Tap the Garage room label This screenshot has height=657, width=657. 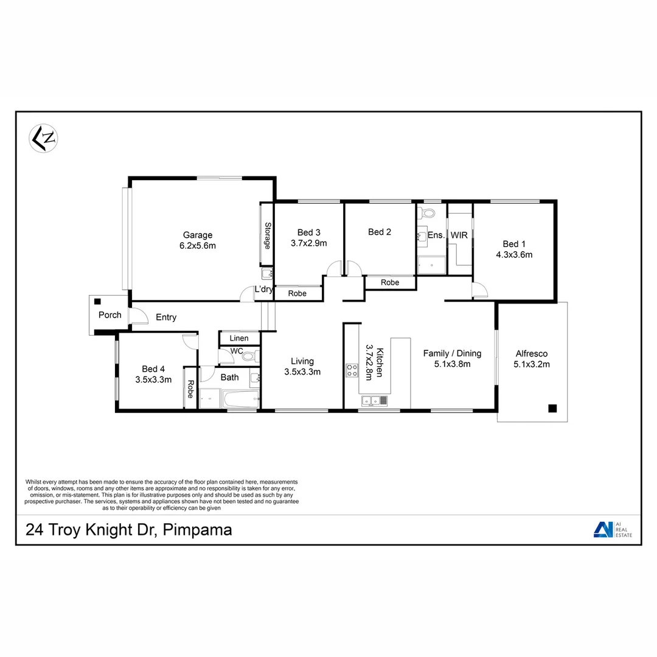tap(198, 235)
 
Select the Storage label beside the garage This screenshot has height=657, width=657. tap(266, 235)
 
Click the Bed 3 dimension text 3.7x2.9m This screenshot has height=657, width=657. tap(308, 243)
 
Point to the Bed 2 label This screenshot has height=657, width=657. tap(379, 232)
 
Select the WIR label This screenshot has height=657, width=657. tap(459, 235)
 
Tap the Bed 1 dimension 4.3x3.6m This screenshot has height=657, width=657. tap(513, 255)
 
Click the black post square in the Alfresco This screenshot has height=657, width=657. tap(552, 408)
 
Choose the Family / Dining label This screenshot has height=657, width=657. tap(453, 353)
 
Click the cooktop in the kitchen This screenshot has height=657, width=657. tap(352, 370)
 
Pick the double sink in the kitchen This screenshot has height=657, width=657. tap(375, 400)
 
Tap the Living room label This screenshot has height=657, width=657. tap(302, 361)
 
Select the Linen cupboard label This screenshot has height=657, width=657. tap(239, 338)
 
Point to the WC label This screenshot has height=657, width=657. tap(237, 352)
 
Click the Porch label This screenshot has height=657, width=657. tap(110, 315)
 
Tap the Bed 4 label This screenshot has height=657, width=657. tap(153, 369)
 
